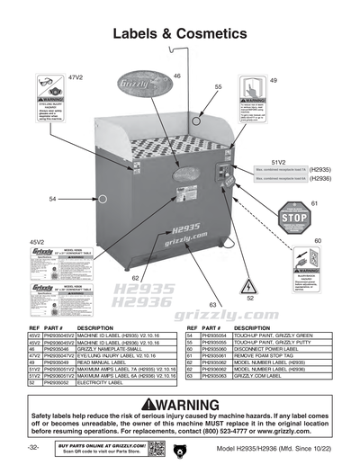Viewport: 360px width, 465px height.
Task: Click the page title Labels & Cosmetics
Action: tap(179, 34)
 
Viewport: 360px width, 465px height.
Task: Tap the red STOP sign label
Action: tap(293, 217)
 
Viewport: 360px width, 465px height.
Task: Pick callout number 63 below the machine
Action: tap(212, 306)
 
